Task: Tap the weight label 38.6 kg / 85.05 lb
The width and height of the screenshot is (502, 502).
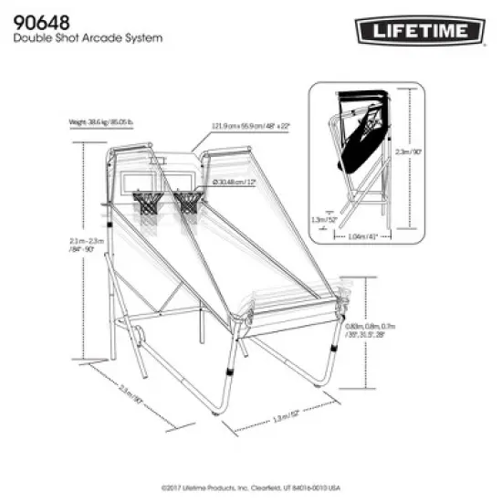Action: [x=101, y=120]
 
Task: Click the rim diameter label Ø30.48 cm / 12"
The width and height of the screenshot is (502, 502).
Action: [x=235, y=183]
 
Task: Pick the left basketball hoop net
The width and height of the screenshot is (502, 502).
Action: [x=145, y=203]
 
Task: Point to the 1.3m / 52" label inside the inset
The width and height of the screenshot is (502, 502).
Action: [x=324, y=219]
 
